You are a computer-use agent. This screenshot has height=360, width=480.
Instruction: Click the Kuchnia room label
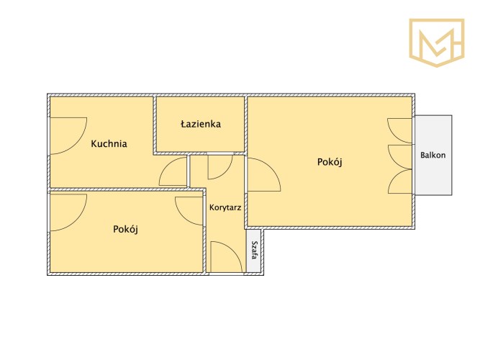click(x=109, y=144)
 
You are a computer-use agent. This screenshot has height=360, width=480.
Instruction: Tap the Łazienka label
click(x=201, y=124)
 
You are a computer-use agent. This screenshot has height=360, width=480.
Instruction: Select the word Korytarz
click(x=225, y=207)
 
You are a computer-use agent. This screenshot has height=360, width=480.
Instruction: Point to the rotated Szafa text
click(x=253, y=250)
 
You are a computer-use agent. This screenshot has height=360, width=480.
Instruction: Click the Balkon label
click(x=433, y=155)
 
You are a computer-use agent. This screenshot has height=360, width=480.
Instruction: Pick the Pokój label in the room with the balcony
click(x=330, y=162)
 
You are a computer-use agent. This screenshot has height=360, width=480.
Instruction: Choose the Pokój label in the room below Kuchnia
click(x=125, y=229)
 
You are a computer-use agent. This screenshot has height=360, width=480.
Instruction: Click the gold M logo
click(x=437, y=42)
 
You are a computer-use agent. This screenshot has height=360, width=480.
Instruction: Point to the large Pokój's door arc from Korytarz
click(x=272, y=169)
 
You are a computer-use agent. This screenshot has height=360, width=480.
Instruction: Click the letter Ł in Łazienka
click(x=184, y=124)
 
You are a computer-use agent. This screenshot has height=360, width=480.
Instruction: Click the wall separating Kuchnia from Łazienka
click(x=155, y=124)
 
